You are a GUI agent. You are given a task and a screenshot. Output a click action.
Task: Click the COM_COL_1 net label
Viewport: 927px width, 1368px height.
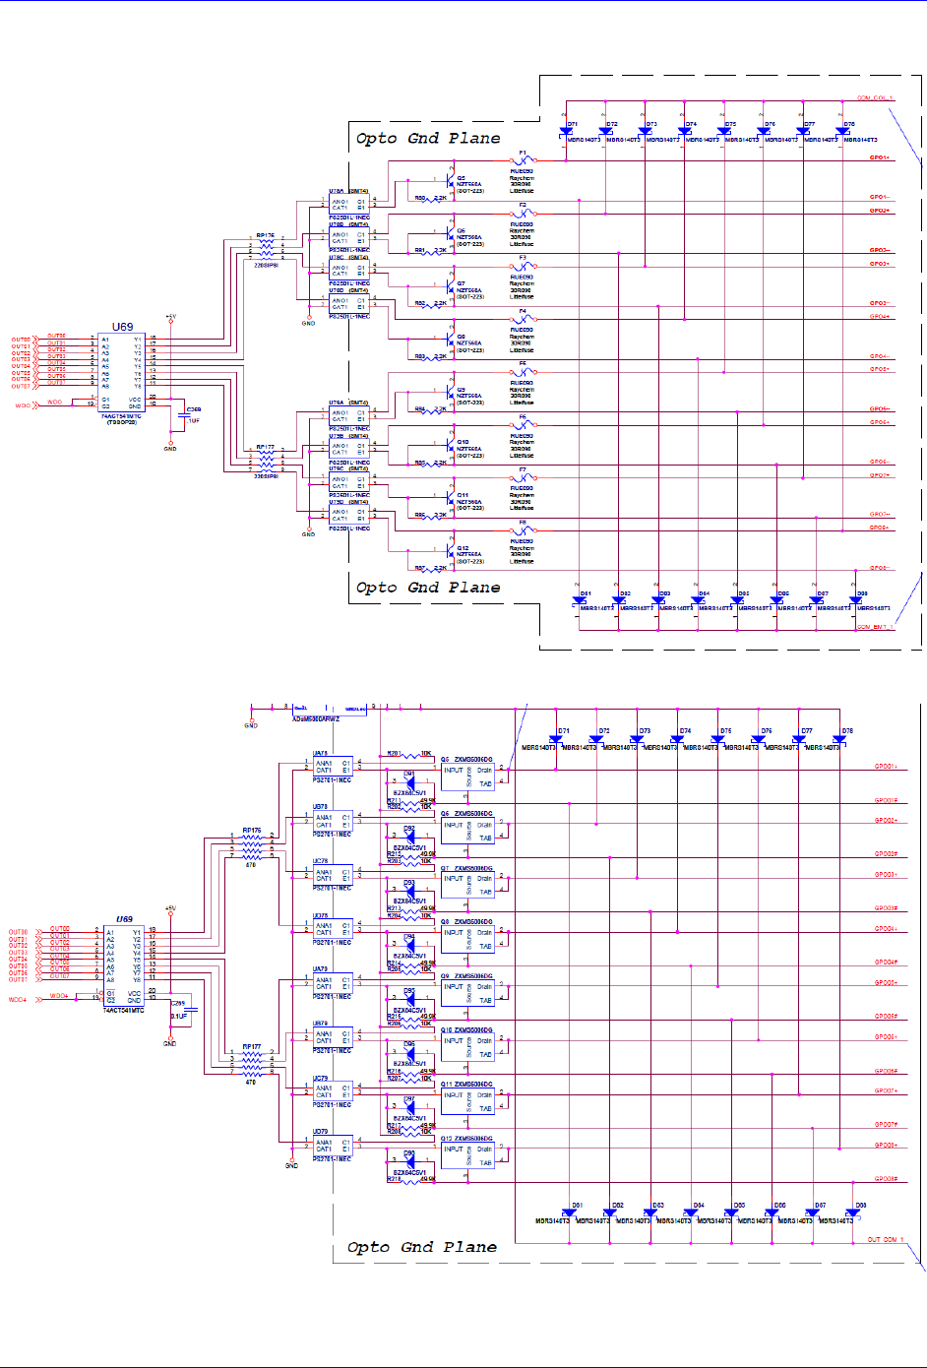(874, 98)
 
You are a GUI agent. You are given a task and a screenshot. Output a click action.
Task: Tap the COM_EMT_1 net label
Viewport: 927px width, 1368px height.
(874, 627)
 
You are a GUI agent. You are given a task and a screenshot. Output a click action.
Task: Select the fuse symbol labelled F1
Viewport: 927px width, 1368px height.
(523, 160)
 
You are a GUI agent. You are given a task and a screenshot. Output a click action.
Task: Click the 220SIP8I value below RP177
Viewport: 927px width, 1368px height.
(266, 476)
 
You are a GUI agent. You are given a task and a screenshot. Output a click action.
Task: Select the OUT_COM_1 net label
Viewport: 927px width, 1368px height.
(885, 1240)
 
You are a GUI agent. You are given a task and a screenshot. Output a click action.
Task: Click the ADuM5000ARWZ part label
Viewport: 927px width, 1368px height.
(315, 719)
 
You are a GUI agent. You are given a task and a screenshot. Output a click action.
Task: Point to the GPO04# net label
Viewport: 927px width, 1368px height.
(886, 963)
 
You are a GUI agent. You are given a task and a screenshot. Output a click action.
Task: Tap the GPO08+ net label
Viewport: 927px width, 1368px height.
(886, 1146)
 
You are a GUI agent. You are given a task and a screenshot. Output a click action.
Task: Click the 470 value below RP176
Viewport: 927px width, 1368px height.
(251, 865)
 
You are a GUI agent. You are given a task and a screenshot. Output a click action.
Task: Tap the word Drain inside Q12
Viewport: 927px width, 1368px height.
(484, 1149)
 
